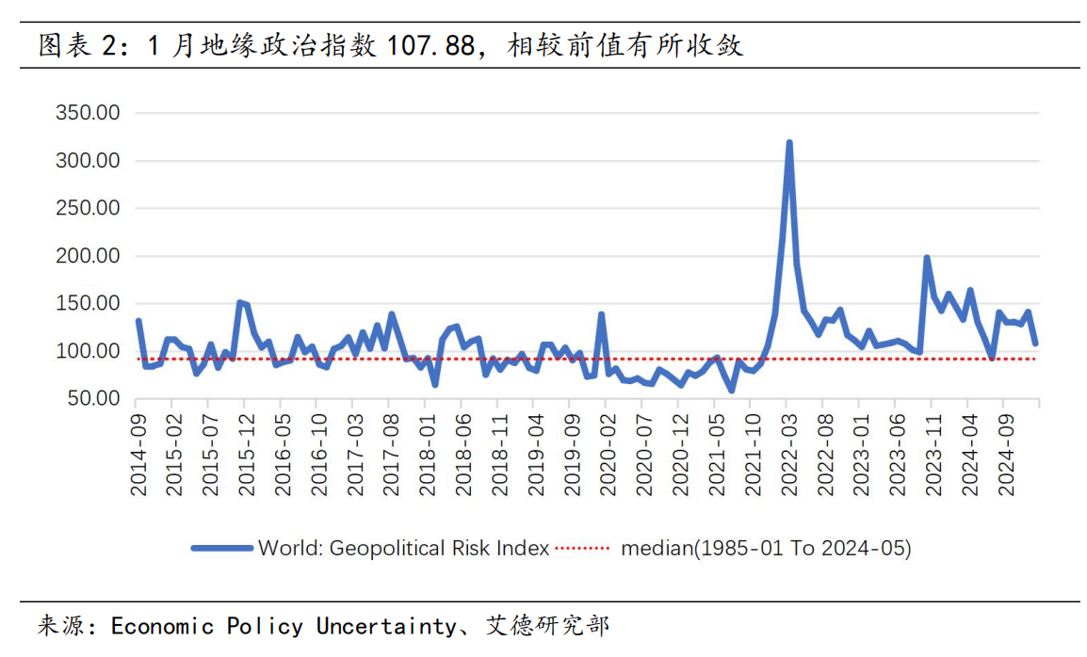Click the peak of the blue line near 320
[x=788, y=143]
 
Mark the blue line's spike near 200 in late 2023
[x=927, y=257]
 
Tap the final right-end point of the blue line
[x=1035, y=344]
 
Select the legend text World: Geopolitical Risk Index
[x=403, y=548]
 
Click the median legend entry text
[x=766, y=548]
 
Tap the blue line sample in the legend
[x=222, y=548]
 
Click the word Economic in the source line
[x=162, y=626]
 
